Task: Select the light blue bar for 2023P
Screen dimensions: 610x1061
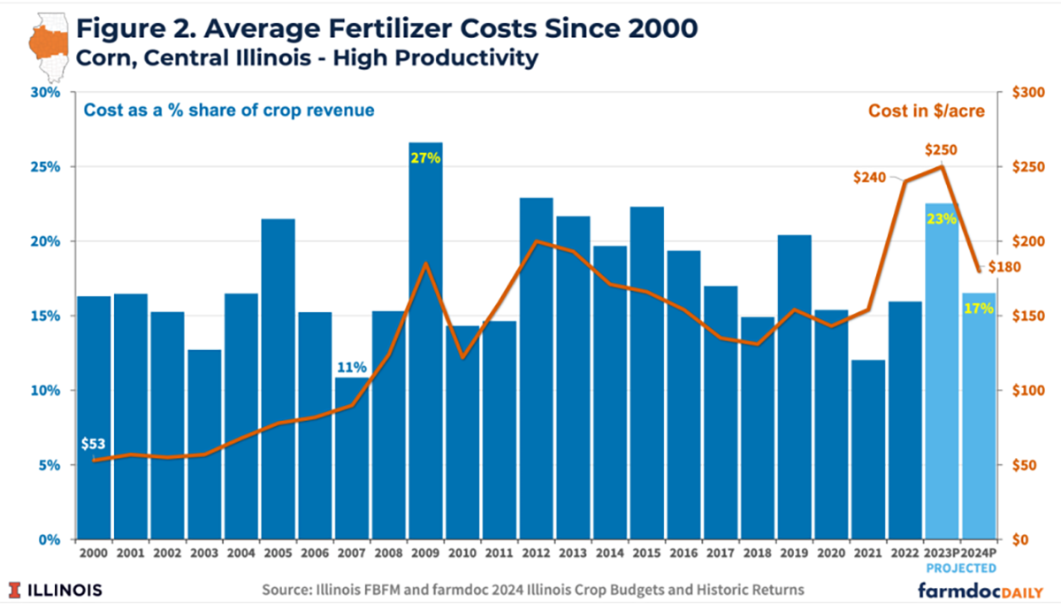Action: (941, 371)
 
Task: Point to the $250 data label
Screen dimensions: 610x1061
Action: (941, 150)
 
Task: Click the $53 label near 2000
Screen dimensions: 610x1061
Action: (93, 443)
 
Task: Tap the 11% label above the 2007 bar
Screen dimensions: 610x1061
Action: (351, 367)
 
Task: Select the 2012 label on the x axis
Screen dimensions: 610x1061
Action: (536, 552)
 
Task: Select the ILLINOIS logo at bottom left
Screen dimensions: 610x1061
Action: (56, 590)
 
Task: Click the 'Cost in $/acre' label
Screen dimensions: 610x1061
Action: (926, 111)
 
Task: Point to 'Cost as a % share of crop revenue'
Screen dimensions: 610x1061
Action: (228, 111)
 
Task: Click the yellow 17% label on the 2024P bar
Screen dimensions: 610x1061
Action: (978, 309)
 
